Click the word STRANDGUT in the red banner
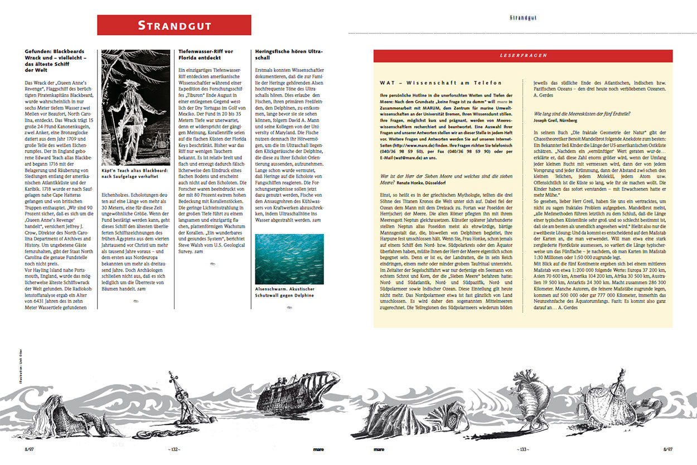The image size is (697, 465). coord(174,25)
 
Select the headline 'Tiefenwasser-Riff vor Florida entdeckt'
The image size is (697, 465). coord(206,54)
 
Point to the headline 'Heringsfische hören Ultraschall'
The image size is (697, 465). coord(288,54)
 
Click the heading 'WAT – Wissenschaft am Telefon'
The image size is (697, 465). coord(440,83)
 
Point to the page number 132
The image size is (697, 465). coord(173,449)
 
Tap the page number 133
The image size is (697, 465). coord(522,449)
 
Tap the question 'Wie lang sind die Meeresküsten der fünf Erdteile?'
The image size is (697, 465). coord(582,113)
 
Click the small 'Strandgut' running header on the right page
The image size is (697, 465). coord(523,18)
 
